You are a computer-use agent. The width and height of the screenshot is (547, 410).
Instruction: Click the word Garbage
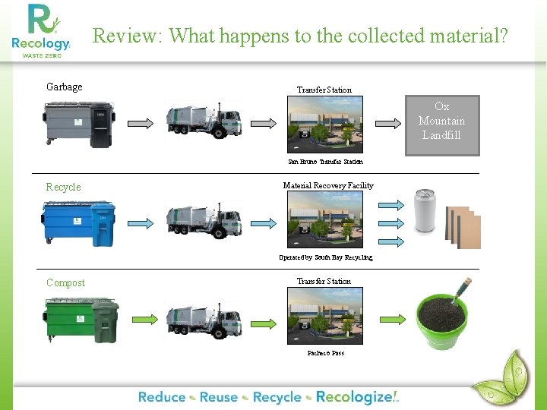pos(65,87)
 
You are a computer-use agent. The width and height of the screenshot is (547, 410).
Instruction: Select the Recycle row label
pos(63,187)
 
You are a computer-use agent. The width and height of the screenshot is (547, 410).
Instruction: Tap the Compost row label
pos(65,282)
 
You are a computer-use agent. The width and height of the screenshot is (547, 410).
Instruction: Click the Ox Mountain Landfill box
pos(441,125)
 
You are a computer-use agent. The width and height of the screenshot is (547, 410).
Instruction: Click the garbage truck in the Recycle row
pos(204,221)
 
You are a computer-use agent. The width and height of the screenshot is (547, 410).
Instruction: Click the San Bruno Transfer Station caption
pos(325,162)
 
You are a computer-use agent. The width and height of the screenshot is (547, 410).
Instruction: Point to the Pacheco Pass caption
pos(325,353)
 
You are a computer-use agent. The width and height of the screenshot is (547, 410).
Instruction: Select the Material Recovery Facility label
pos(328,186)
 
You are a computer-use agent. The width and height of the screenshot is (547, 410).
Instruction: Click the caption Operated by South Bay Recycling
pos(325,257)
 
